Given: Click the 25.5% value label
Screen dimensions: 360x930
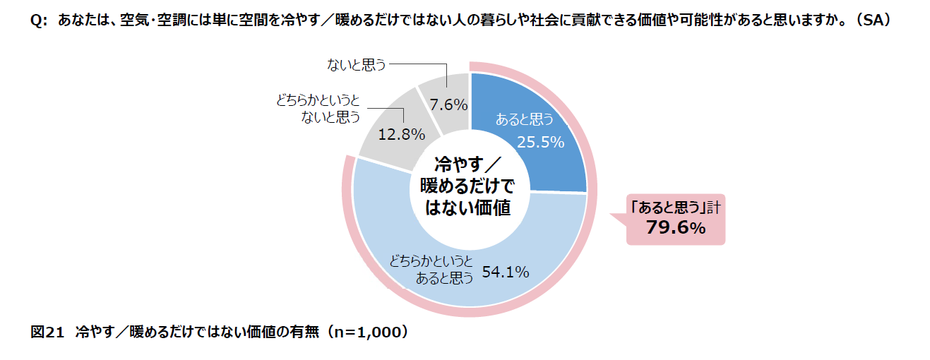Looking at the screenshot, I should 540,142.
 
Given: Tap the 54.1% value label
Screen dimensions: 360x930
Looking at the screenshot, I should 506,271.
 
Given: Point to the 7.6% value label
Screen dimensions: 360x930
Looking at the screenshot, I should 448,105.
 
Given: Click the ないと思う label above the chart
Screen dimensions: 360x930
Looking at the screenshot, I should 356,66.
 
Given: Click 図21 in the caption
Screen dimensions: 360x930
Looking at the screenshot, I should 47,331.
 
